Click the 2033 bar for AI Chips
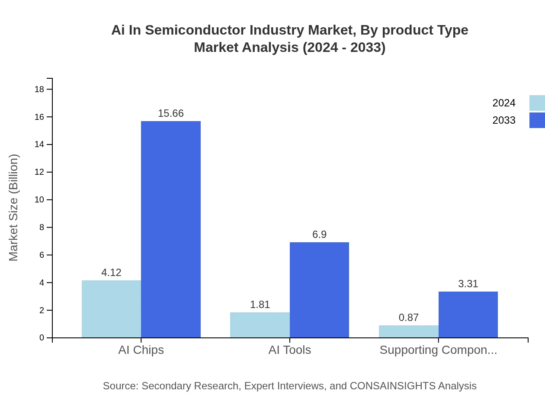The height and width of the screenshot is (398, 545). pyautogui.click(x=171, y=229)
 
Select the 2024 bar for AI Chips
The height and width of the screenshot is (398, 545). pyautogui.click(x=111, y=309)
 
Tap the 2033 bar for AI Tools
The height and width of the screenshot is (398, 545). pyautogui.click(x=319, y=290)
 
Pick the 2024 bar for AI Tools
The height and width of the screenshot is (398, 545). pyautogui.click(x=260, y=325)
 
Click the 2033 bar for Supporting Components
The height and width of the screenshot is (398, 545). pyautogui.click(x=468, y=315)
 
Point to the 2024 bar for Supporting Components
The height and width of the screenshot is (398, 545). pyautogui.click(x=409, y=331)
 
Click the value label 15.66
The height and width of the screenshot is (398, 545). pyautogui.click(x=171, y=113)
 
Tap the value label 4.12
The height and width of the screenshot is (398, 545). pyautogui.click(x=111, y=273)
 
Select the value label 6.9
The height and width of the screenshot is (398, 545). pyautogui.click(x=319, y=234)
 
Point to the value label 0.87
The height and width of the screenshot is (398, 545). pyautogui.click(x=409, y=318)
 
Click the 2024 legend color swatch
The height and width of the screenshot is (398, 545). pyautogui.click(x=537, y=103)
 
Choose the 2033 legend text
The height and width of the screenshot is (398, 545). pyautogui.click(x=504, y=120)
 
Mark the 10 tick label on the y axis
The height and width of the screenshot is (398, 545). pyautogui.click(x=39, y=200)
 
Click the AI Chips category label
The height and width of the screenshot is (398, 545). pyautogui.click(x=141, y=350)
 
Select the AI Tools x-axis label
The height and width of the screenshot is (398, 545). pyautogui.click(x=290, y=350)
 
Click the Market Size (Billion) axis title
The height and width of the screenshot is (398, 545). pyautogui.click(x=13, y=208)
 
